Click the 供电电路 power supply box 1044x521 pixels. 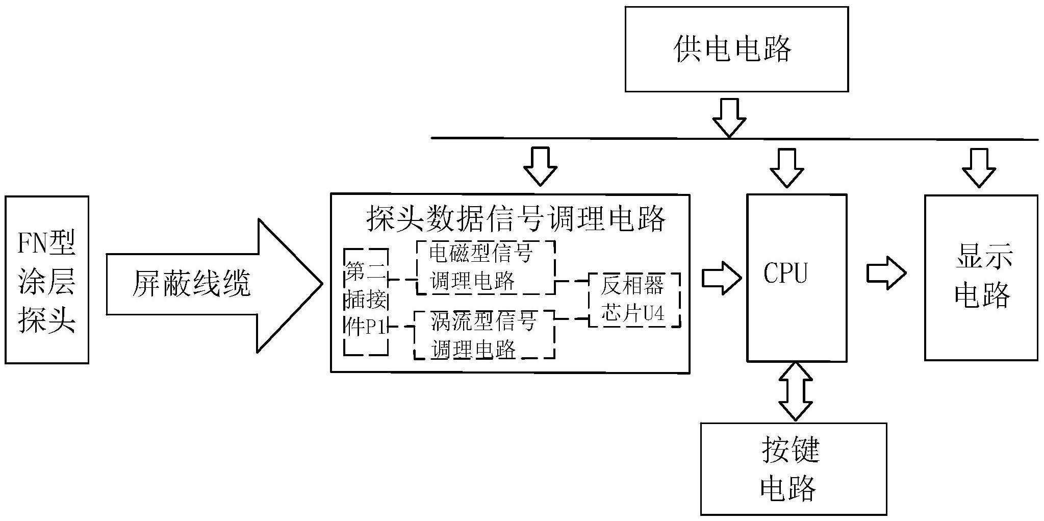tap(736, 49)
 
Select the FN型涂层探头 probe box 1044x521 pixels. tap(47, 280)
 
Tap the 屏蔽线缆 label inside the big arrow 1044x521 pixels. tap(192, 284)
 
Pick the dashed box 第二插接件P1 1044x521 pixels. tap(366, 302)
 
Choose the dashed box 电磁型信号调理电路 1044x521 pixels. tap(485, 268)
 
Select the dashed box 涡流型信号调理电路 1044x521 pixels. tap(483, 335)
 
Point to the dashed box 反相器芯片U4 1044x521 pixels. tap(634, 300)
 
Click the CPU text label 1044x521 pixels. tap(785, 274)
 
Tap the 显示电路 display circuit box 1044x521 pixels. tap(981, 278)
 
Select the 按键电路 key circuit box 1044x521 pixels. tap(793, 468)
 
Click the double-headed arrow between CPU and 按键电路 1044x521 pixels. tap(796, 392)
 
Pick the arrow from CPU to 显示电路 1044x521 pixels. tap(886, 274)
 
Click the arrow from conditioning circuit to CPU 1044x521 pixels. tap(721, 278)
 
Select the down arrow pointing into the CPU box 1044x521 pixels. tap(787, 167)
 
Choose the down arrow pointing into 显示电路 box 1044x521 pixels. tap(979, 167)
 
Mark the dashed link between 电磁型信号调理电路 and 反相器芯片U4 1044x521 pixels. tap(571, 281)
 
